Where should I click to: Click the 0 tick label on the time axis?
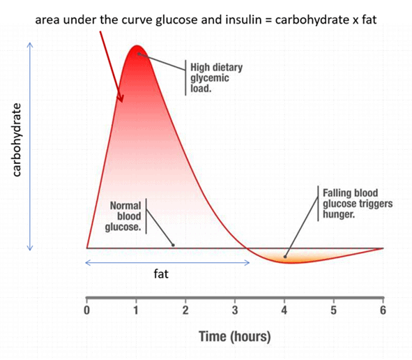tap(86, 310)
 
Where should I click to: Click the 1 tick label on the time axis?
tap(136, 310)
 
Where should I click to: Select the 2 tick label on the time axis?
tap(185, 310)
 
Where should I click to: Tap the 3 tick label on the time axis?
tap(235, 310)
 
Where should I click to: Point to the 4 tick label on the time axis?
tap(284, 310)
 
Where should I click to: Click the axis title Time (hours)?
tap(235, 336)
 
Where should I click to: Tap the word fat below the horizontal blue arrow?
tap(160, 274)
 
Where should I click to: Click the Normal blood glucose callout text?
tap(125, 216)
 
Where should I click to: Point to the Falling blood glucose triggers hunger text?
tap(358, 203)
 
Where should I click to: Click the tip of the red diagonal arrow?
tap(122, 101)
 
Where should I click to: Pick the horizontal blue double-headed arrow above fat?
tap(167, 262)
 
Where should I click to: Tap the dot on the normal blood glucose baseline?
tap(173, 245)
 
